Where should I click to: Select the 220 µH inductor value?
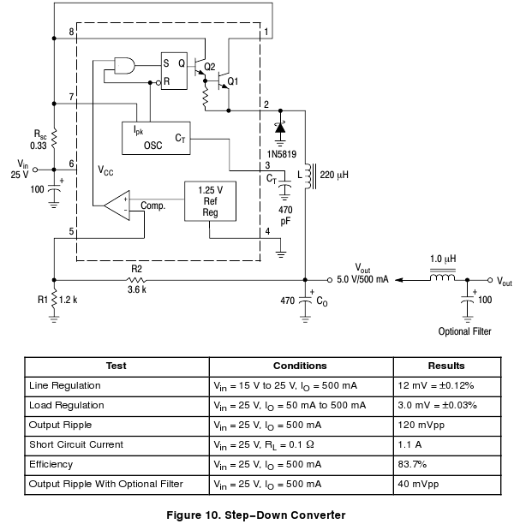coord(334,175)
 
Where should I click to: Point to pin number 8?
coord(72,32)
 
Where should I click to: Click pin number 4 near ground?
coord(267,231)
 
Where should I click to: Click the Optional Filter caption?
coord(465,331)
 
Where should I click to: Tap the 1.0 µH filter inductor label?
coord(442,259)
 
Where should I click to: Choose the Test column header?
coord(116,366)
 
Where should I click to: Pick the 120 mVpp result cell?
coord(419,425)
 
